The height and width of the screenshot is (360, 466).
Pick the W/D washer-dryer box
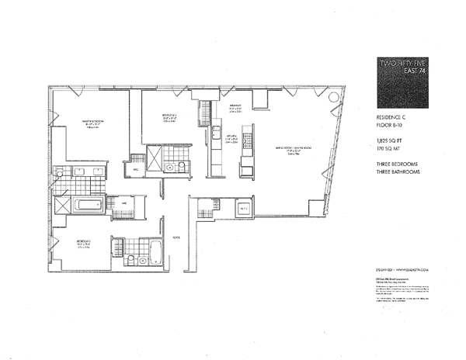242,208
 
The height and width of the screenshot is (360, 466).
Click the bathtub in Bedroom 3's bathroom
155,253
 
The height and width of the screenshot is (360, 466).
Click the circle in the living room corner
333,99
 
